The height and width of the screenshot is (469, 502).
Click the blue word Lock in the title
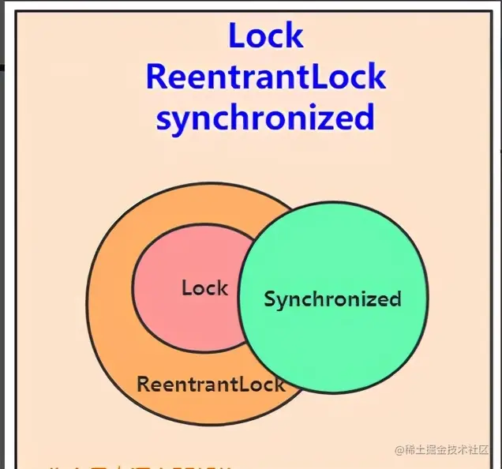tap(266, 36)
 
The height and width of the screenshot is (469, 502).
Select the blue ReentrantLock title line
tap(266, 77)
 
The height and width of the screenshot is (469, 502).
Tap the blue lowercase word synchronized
tap(265, 118)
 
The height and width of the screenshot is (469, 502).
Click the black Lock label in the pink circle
tap(204, 288)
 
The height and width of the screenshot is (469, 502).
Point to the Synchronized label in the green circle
tap(332, 299)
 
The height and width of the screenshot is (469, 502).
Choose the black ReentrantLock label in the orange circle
tap(211, 385)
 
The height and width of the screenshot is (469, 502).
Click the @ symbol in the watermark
tap(399, 449)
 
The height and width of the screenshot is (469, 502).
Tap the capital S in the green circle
tap(270, 299)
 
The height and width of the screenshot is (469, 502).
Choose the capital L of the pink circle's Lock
tap(186, 288)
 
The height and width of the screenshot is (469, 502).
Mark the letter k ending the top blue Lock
tap(293, 36)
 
